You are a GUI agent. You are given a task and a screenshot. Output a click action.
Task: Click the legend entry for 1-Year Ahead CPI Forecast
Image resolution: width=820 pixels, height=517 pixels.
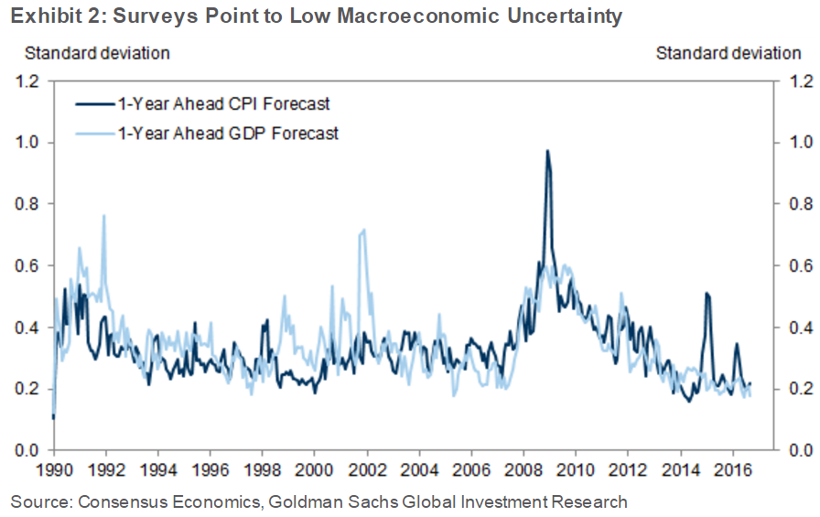coord(224,103)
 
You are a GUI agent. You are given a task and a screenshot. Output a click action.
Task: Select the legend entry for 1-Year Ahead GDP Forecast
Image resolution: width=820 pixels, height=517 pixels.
coord(228,134)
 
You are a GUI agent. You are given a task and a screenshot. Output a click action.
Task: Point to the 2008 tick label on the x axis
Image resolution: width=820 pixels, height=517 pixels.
coord(523,467)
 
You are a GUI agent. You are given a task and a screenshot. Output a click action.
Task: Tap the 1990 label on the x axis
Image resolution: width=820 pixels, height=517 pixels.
coord(54,467)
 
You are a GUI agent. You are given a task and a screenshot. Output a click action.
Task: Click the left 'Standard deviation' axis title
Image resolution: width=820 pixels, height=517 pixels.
coord(97,53)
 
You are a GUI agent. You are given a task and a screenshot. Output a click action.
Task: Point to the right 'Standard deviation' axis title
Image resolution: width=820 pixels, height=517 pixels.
coord(728,53)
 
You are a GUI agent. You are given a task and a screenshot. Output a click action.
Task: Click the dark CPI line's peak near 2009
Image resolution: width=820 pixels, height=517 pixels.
coord(547,151)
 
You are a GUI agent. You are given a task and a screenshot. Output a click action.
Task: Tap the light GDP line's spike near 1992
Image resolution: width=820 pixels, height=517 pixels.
coord(103,216)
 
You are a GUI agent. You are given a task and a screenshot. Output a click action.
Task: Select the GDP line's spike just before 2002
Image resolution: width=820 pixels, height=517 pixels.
coord(363,230)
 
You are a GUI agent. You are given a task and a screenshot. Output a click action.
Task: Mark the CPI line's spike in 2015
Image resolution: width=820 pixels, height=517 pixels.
coord(707,293)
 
